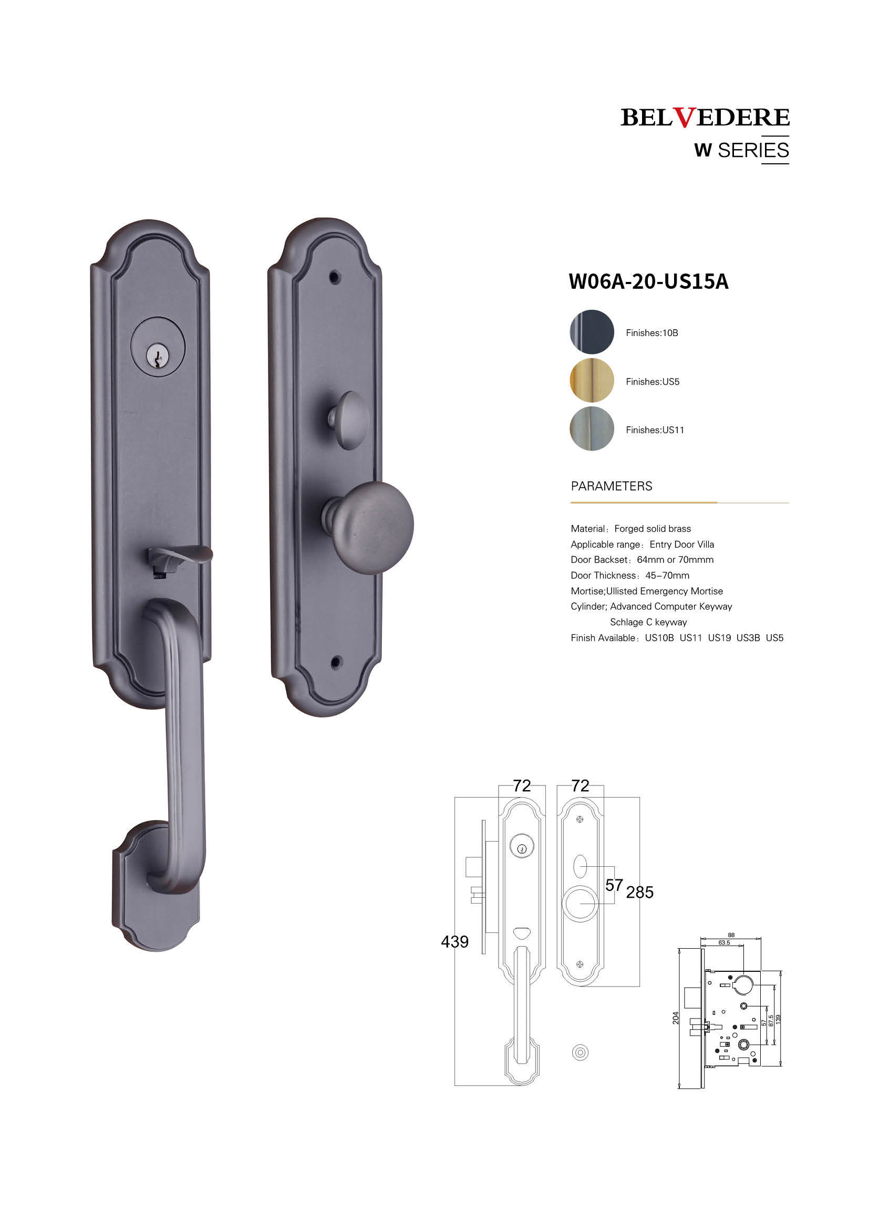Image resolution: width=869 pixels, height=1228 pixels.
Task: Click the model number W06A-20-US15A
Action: point(648,281)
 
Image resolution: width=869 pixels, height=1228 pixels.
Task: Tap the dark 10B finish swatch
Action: point(592,332)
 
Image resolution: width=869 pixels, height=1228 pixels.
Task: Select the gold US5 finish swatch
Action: point(592,380)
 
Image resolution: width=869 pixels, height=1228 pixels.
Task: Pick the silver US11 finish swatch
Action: point(592,428)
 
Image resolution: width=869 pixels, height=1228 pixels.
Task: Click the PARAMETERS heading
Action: point(612,486)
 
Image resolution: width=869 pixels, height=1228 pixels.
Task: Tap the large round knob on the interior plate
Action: point(369,528)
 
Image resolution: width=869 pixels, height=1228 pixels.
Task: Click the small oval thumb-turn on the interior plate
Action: point(349,421)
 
